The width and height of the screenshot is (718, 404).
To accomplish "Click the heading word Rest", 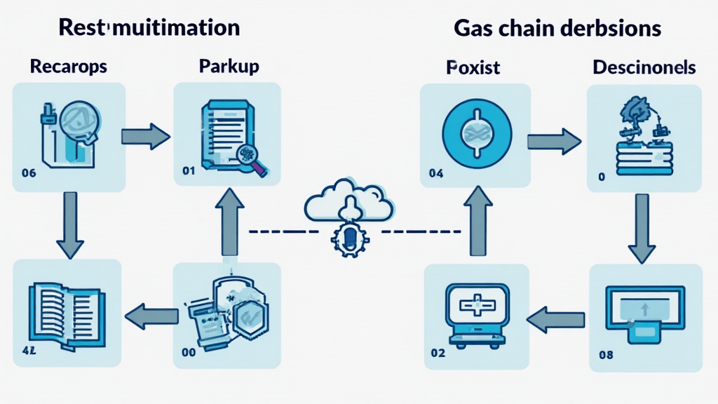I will [x=82, y=28].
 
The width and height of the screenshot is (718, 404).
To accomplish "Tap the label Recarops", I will [x=69, y=67].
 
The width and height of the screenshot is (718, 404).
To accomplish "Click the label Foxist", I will [x=473, y=68].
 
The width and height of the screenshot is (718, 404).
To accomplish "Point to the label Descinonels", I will [x=644, y=68].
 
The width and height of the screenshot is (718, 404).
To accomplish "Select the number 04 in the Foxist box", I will [x=435, y=172].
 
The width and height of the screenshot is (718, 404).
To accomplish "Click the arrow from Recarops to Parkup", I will [x=145, y=135].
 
